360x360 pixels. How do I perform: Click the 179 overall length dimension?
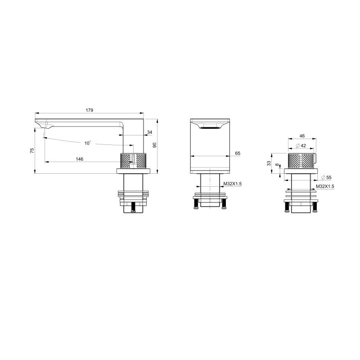pyautogui.click(x=90, y=110)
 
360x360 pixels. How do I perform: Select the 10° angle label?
pyautogui.click(x=87, y=143)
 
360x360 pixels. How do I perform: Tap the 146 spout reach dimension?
pyautogui.click(x=80, y=159)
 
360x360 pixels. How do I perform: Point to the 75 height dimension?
pyautogui.click(x=32, y=151)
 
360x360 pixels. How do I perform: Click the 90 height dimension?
pyautogui.click(x=155, y=145)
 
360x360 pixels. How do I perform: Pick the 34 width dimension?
pyautogui.click(x=150, y=132)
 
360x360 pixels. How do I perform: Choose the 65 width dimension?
pyautogui.click(x=238, y=153)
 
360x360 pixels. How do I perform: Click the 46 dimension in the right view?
pyautogui.click(x=302, y=136)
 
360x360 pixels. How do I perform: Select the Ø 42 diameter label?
pyautogui.click(x=301, y=146)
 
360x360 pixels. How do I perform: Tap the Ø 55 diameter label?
pyautogui.click(x=326, y=177)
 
